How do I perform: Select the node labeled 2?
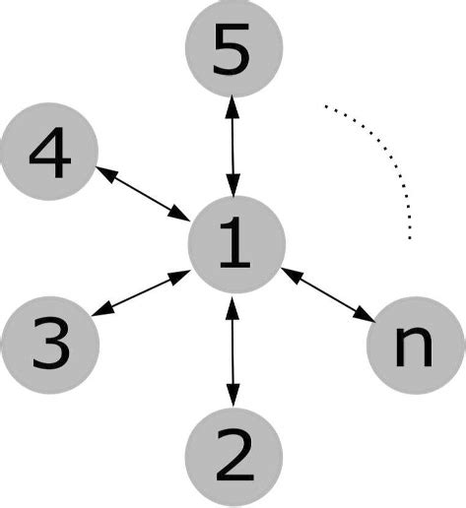(234, 455)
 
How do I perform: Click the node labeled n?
(415, 345)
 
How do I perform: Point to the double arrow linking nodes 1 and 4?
(144, 193)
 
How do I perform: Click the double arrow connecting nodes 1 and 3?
(142, 293)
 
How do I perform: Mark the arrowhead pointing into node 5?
(233, 102)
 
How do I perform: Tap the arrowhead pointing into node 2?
(233, 398)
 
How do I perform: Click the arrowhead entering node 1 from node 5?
(233, 187)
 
